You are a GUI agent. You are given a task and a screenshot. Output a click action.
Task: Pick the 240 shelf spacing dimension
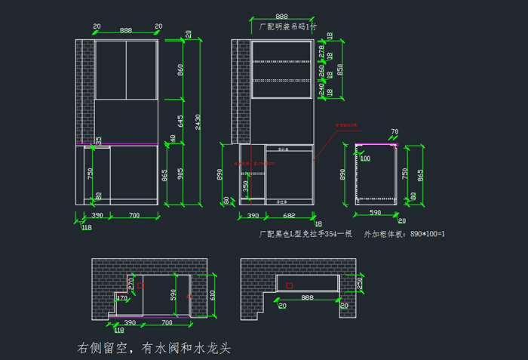(x=321, y=89)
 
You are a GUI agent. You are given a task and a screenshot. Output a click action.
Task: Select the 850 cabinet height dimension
(x=341, y=68)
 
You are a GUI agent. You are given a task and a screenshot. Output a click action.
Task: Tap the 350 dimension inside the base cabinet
(x=246, y=186)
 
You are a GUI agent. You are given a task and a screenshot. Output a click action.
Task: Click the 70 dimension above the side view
(x=394, y=133)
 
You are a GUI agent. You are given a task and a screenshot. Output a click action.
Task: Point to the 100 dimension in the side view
(x=365, y=158)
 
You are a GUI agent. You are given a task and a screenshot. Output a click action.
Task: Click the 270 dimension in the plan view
(x=130, y=283)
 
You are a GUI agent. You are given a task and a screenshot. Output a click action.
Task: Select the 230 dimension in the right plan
(x=359, y=282)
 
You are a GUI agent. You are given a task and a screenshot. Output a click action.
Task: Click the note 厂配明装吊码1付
(x=287, y=26)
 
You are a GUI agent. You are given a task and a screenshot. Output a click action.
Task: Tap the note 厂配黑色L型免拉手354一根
(x=305, y=234)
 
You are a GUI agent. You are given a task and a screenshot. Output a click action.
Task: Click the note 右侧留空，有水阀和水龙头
(x=153, y=348)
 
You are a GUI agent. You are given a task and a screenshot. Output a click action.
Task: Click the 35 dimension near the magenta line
(x=99, y=140)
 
